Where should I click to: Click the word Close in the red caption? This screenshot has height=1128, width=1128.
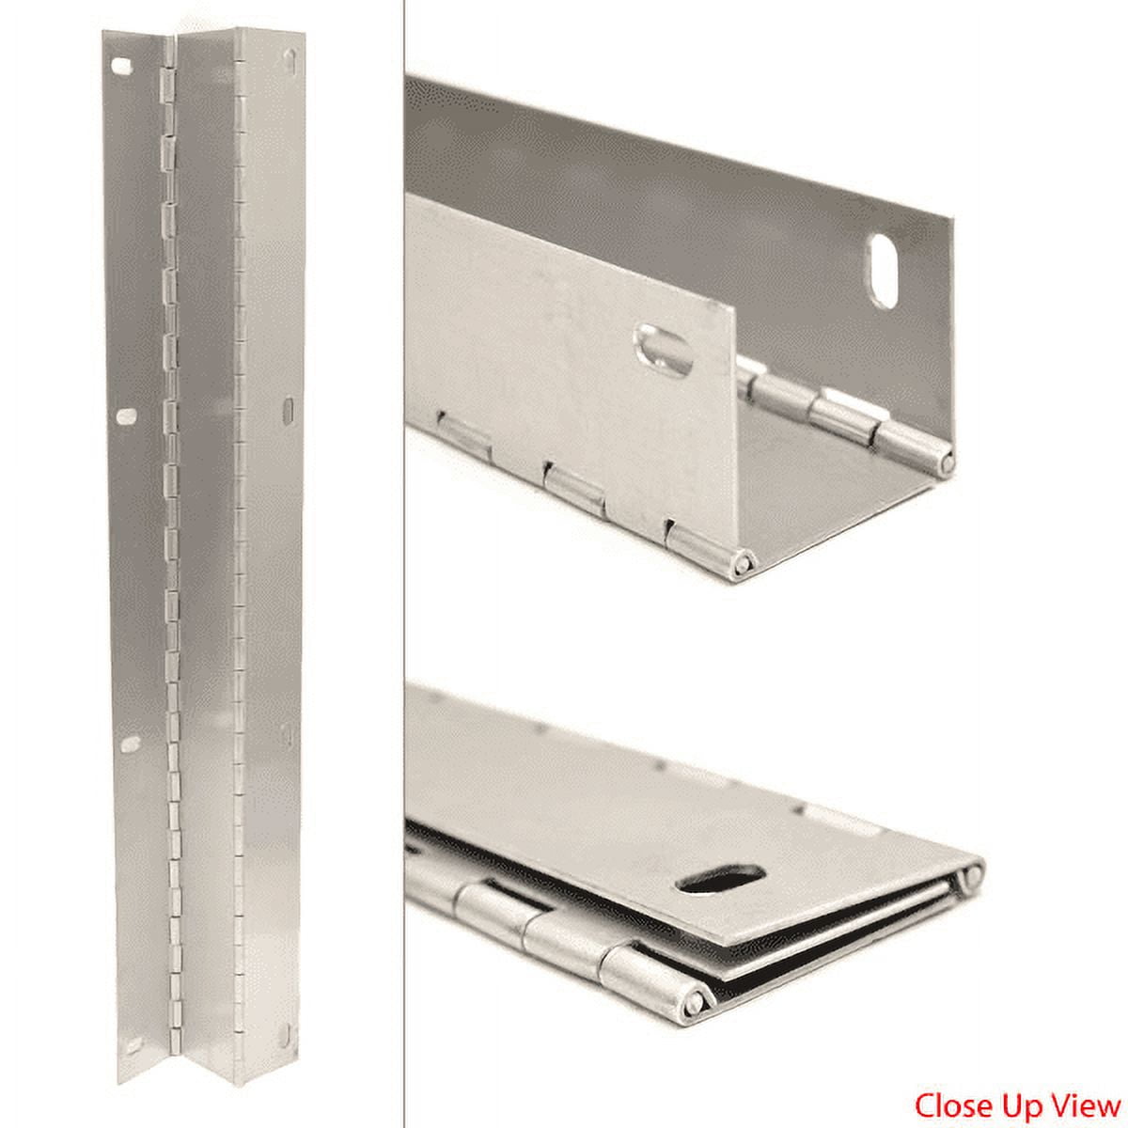949,1103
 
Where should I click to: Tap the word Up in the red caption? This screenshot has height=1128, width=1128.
1013,1103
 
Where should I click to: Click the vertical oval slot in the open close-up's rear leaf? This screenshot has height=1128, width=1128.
885,271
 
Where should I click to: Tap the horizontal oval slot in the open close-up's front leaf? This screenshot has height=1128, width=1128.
665,348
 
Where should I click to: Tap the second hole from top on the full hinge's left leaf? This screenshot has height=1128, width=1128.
125,415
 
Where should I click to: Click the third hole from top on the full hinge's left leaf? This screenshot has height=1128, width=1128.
130,744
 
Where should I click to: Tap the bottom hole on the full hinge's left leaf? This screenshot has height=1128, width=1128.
133,1044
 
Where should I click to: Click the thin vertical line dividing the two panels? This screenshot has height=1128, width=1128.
403,564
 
